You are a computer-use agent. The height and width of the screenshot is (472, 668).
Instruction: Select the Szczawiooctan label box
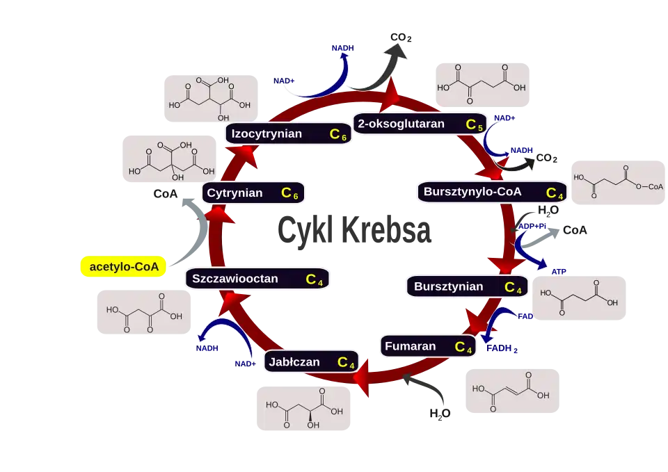[x=257, y=279]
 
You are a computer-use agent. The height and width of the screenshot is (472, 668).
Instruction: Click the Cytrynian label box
[x=253, y=193]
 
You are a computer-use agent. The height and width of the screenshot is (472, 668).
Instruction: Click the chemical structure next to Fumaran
[x=511, y=391]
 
